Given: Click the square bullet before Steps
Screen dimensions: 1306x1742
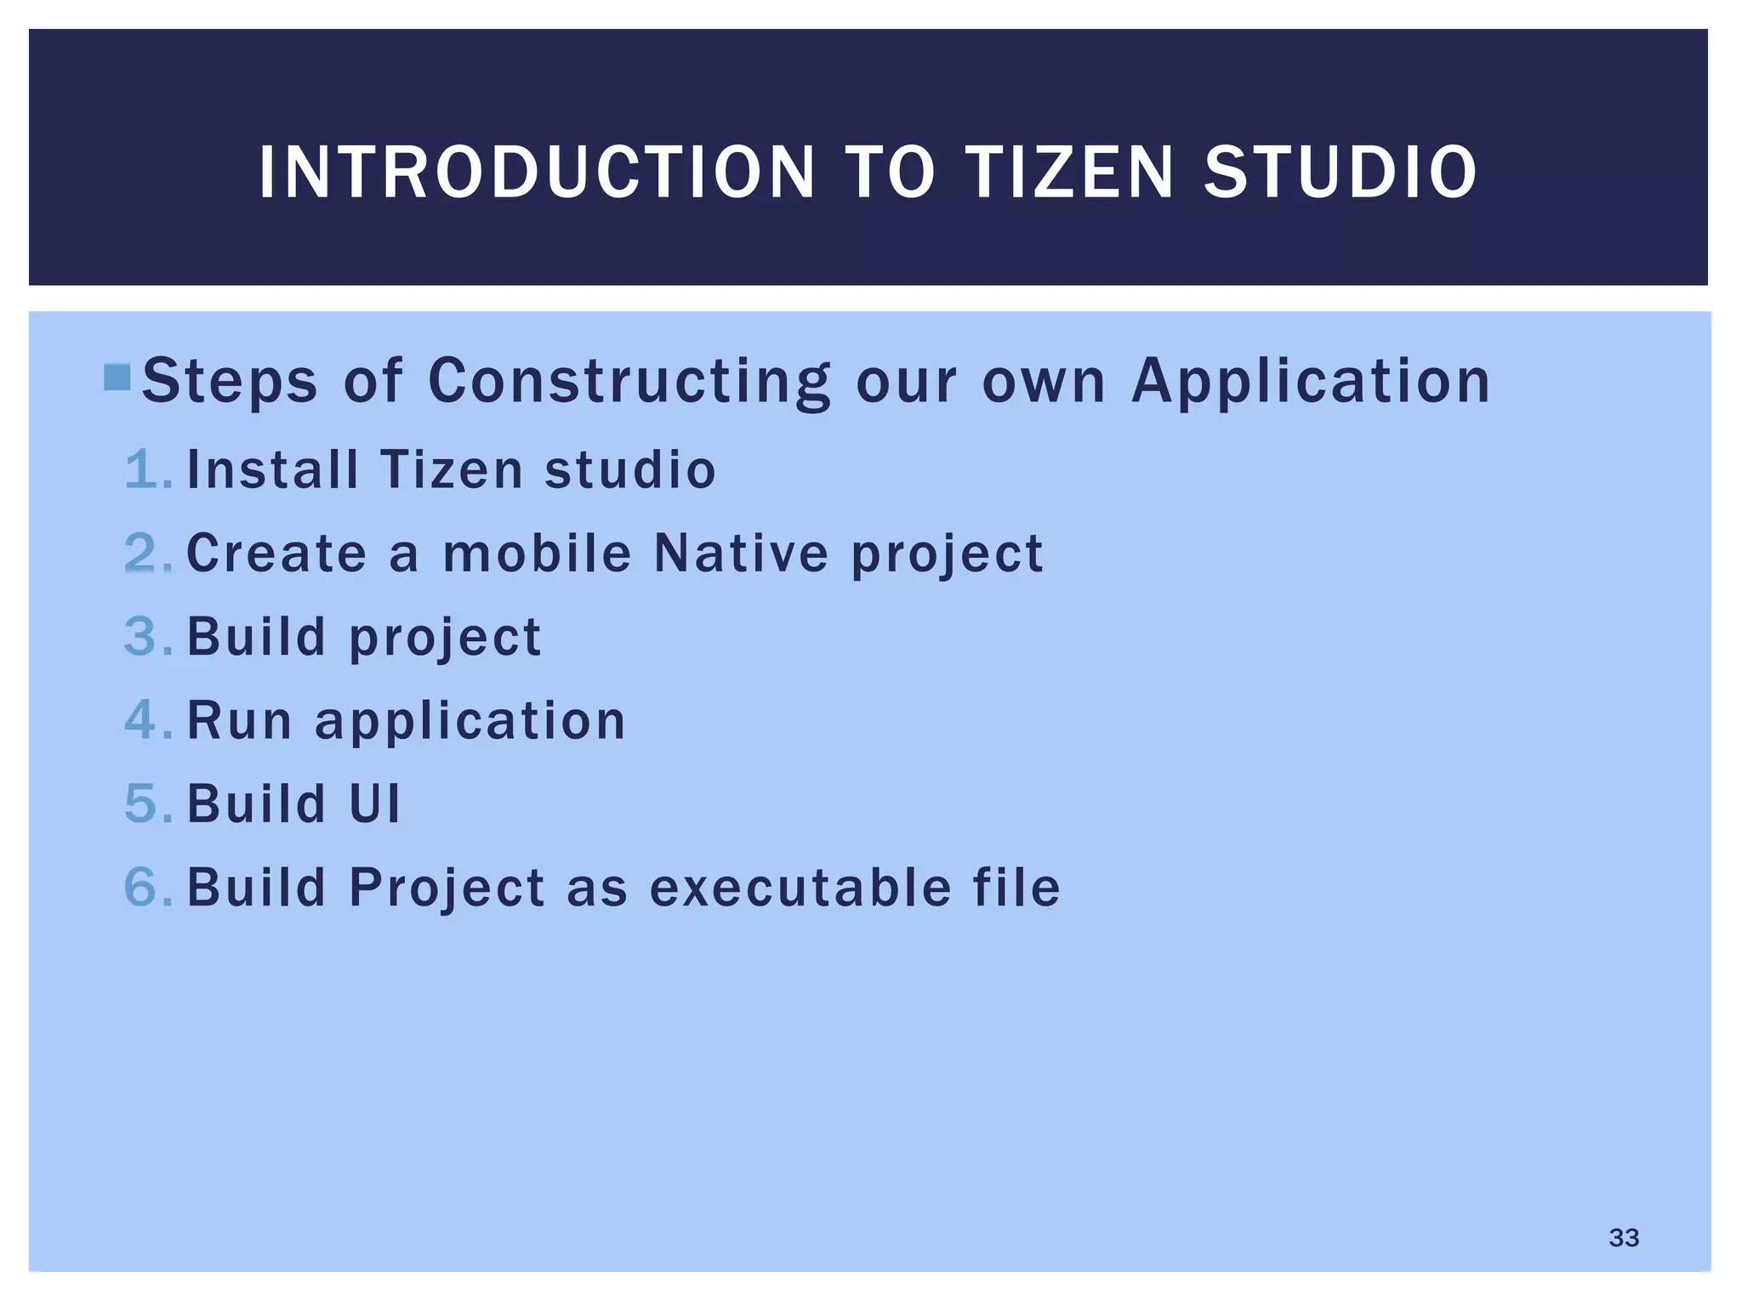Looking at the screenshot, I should tap(117, 378).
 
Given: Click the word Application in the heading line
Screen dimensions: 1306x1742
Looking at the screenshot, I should tap(1310, 380).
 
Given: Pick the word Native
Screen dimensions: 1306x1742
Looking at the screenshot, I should tap(740, 553).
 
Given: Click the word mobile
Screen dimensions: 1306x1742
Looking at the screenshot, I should tap(538, 553).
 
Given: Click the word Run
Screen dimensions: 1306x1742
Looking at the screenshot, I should tap(239, 720).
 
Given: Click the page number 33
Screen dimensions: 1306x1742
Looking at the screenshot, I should tap(1623, 1237).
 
